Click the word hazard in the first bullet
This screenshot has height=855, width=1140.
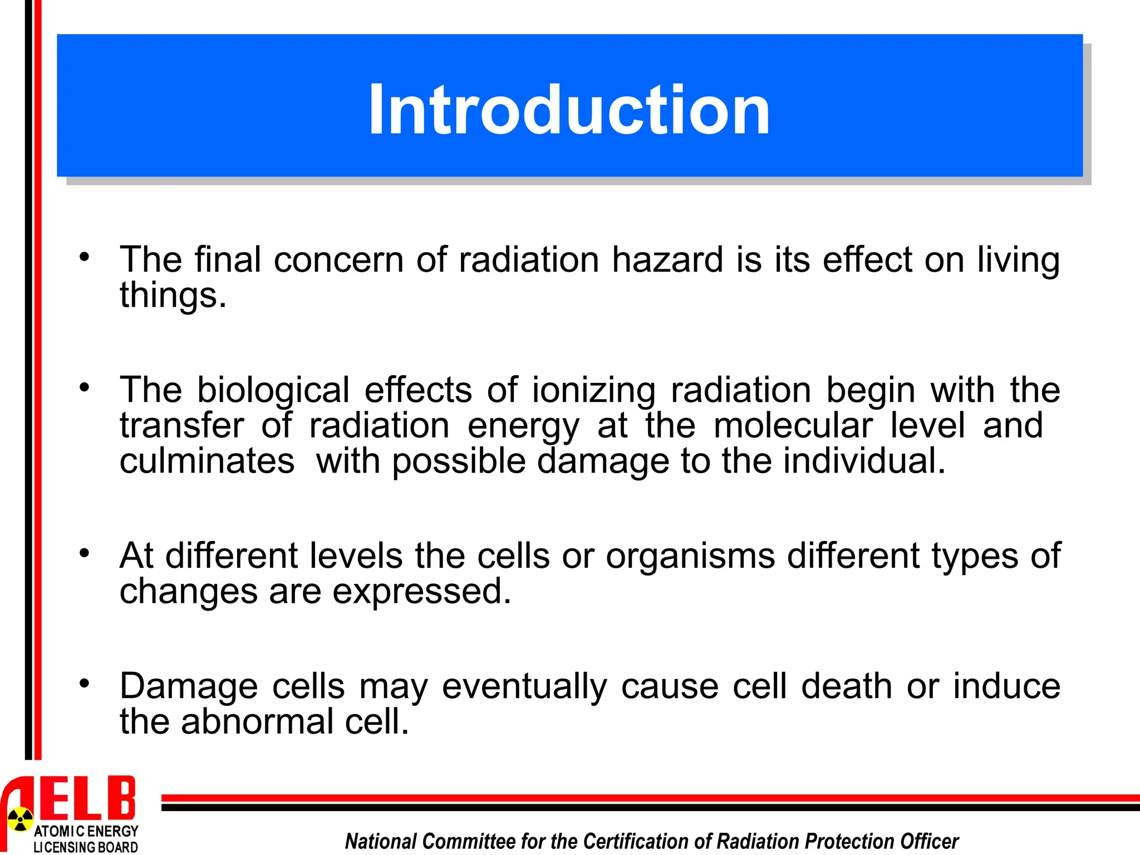click(667, 259)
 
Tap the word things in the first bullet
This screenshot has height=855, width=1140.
click(173, 295)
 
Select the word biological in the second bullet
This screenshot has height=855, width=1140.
click(273, 390)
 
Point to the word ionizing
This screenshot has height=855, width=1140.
click(594, 390)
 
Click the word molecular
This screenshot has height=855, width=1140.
click(793, 425)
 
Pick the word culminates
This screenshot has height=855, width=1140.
click(207, 461)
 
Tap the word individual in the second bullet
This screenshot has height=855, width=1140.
click(863, 461)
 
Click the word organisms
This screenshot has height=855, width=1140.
click(690, 556)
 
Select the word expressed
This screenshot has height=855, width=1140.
click(421, 591)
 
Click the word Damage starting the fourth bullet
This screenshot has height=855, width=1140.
click(189, 686)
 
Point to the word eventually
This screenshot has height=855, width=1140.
click(524, 686)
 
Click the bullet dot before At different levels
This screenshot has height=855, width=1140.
click(84, 553)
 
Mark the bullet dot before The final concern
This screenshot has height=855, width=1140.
click(84, 257)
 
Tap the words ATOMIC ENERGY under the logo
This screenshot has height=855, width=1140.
click(86, 831)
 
